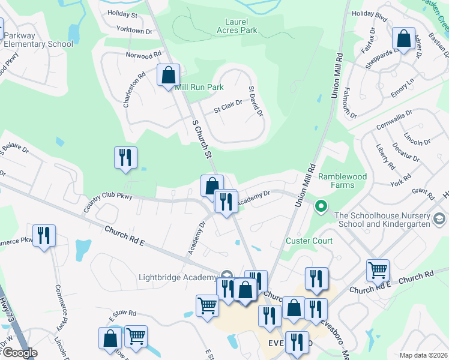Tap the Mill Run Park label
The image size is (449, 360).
pyautogui.click(x=199, y=88)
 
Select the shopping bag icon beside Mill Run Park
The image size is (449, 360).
pyautogui.click(x=169, y=76)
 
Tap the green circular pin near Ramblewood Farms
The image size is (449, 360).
pyautogui.click(x=321, y=208)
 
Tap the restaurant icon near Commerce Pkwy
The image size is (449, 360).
pyautogui.click(x=44, y=235)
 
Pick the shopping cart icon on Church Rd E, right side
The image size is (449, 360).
pyautogui.click(x=378, y=270)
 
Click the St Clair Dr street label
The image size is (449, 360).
pyautogui.click(x=228, y=107)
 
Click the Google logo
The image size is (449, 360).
pyautogui.click(x=19, y=353)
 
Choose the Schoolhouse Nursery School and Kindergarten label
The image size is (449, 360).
pyautogui.click(x=391, y=220)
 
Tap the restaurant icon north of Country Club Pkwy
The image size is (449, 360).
pyautogui.click(x=125, y=157)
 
